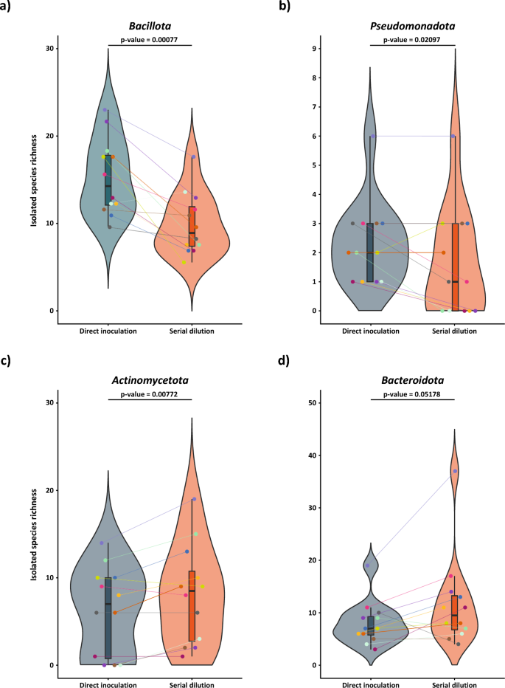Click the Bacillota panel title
coord(150,26)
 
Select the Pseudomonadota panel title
coord(413,26)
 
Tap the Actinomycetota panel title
coord(150,381)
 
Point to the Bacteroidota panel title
coord(413,381)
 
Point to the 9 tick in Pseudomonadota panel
coord(313,49)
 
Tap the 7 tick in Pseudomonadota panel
coord(313,107)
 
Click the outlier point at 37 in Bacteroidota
coord(455,471)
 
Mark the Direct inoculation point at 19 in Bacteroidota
coord(367,565)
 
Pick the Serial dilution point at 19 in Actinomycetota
coord(194,499)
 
